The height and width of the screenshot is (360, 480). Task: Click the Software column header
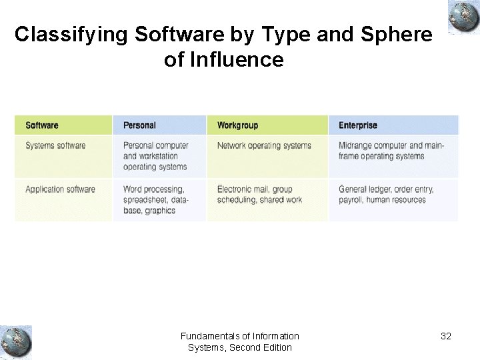click(42, 125)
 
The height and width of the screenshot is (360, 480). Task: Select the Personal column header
click(139, 125)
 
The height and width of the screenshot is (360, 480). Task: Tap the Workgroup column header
click(237, 125)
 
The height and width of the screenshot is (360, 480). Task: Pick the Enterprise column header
click(358, 125)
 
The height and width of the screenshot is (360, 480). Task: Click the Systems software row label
click(55, 145)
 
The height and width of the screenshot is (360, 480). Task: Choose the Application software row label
click(60, 189)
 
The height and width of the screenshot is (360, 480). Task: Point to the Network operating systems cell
click(264, 145)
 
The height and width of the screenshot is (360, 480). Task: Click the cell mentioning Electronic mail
click(259, 195)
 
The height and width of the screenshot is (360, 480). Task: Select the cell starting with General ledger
click(386, 195)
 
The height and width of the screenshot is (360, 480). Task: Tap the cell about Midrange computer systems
click(390, 151)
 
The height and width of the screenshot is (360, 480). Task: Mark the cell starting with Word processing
click(156, 200)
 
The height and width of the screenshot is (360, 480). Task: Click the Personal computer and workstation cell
click(156, 156)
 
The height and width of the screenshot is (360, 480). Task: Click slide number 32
click(446, 336)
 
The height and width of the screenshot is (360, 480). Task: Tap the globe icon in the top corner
click(464, 17)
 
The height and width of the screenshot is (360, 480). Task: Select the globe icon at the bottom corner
click(15, 342)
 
